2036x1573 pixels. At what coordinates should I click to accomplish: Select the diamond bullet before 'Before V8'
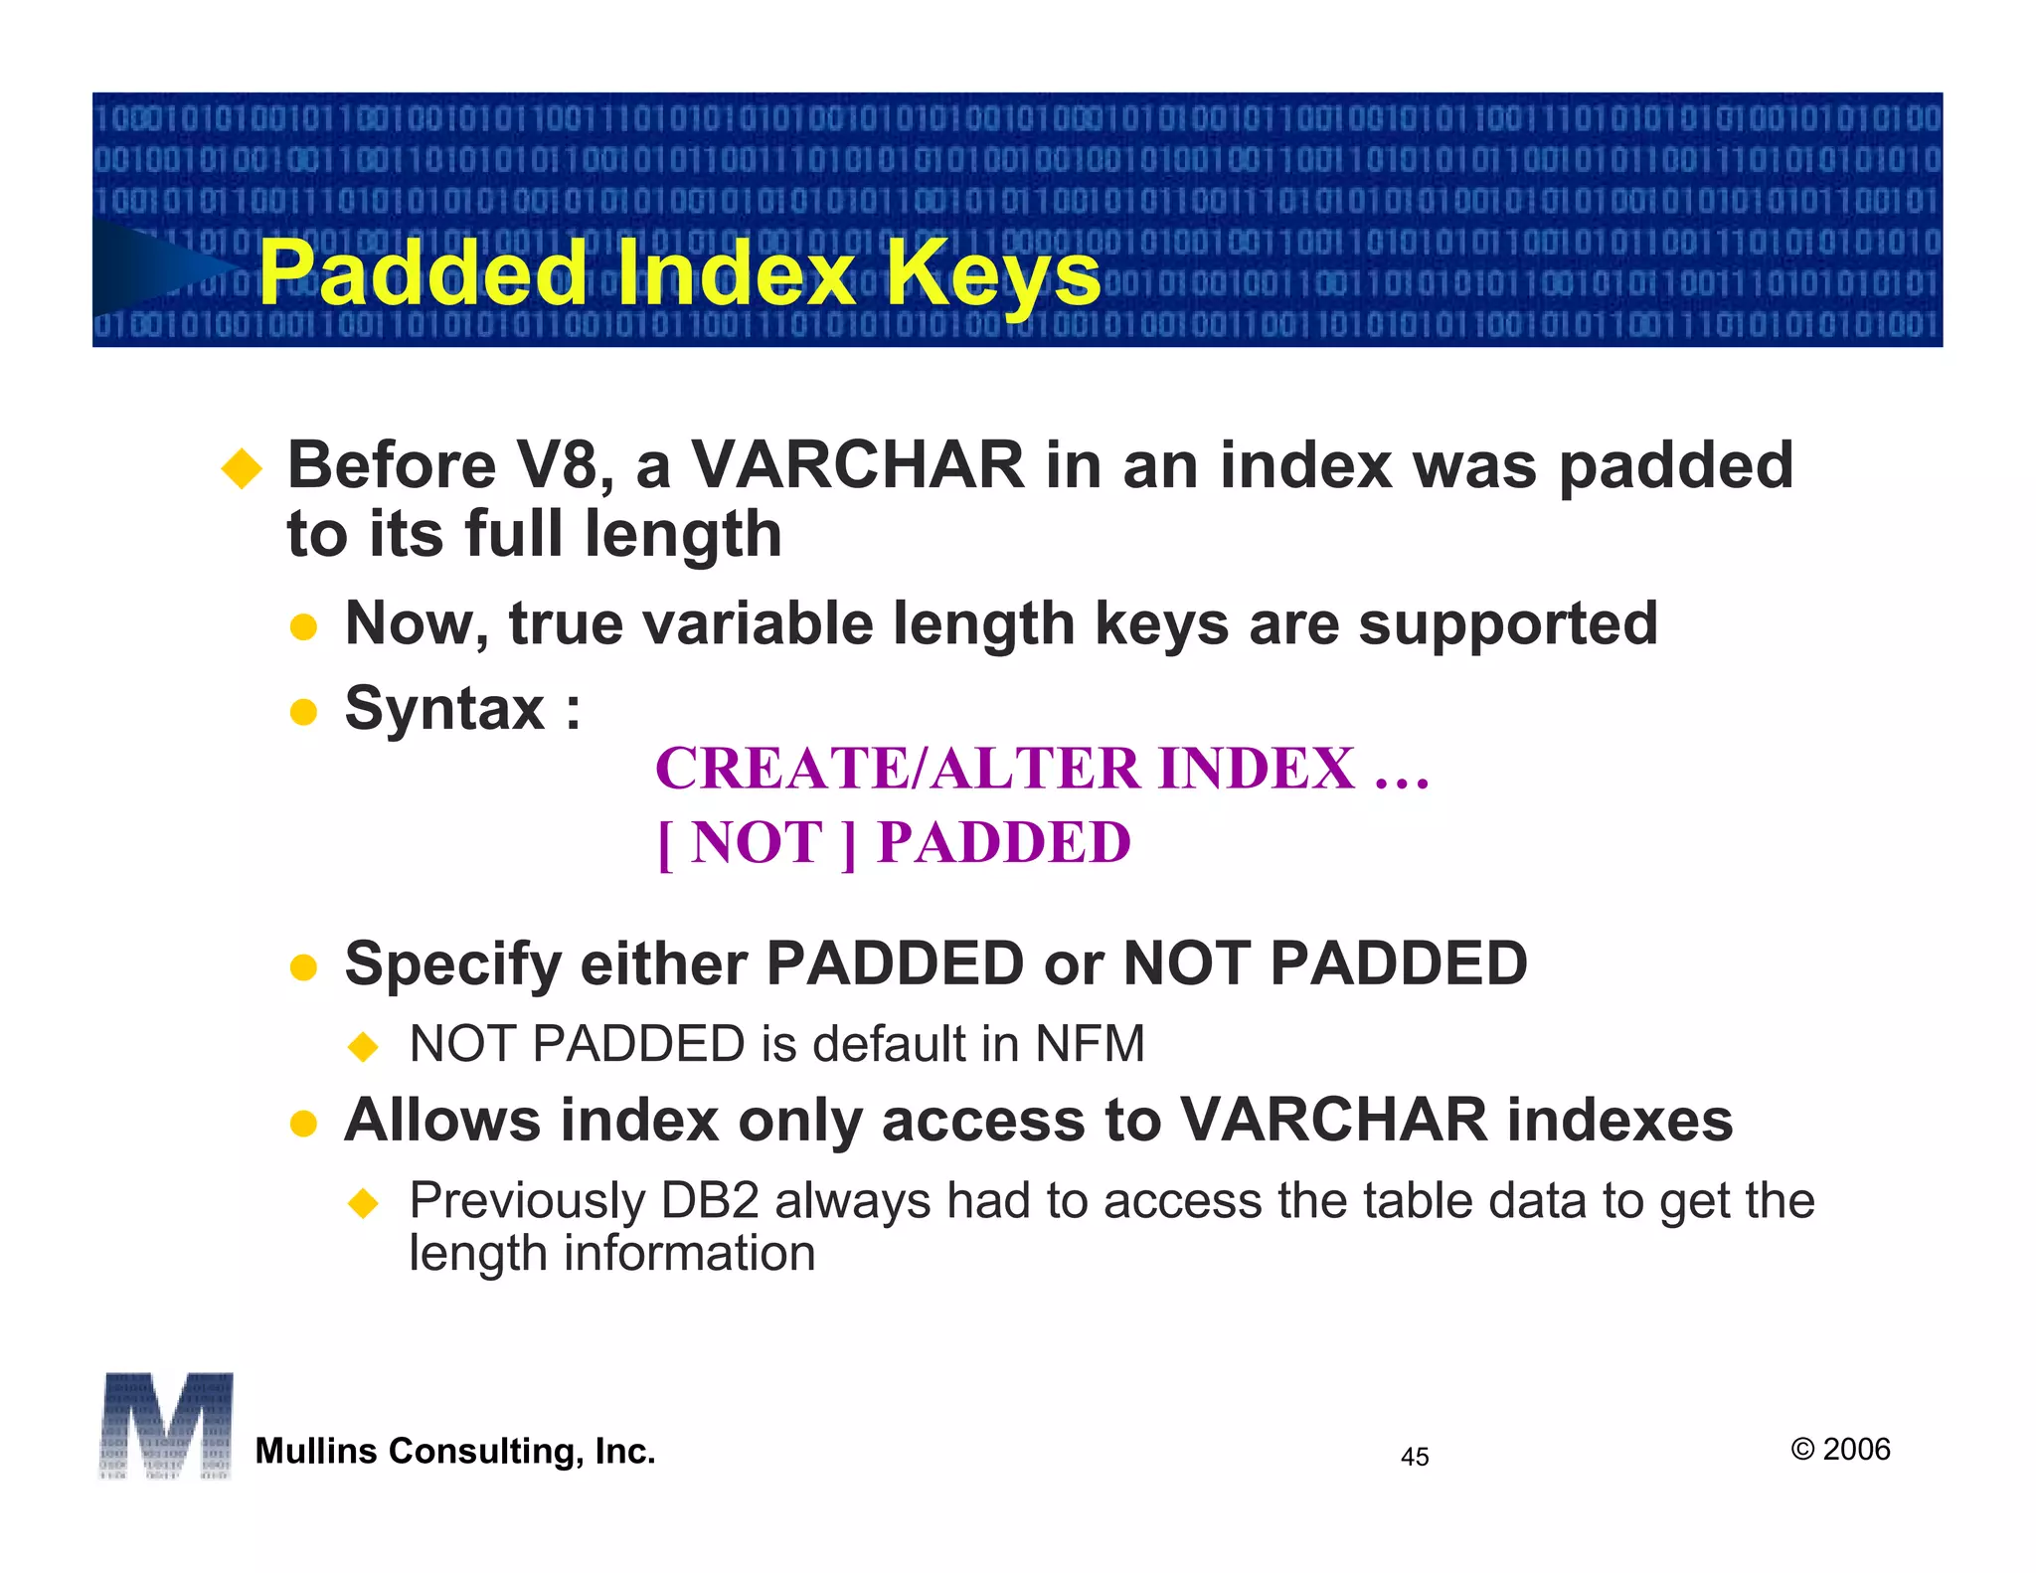click(242, 468)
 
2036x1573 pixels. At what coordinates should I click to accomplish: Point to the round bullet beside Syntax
click(303, 712)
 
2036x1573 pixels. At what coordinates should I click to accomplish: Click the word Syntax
click(444, 708)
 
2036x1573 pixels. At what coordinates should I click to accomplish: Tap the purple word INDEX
click(1257, 769)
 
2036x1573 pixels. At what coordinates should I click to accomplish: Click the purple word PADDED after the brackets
click(1004, 843)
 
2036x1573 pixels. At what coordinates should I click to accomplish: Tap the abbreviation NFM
click(1091, 1044)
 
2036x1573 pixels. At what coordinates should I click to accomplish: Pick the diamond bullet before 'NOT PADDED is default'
click(364, 1046)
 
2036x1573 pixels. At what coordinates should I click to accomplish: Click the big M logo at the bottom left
click(166, 1426)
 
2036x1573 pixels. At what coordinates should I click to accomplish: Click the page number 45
click(1414, 1458)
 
